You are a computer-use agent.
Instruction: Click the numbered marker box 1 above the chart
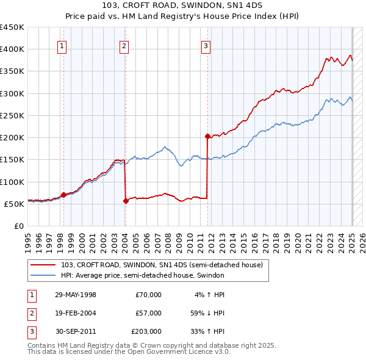[x=63, y=45]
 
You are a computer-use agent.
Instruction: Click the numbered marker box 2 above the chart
[x=124, y=45]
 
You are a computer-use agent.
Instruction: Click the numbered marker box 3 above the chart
[x=206, y=45]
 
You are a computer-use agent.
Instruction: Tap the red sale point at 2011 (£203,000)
[x=208, y=136]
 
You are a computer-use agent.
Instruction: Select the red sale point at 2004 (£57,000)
[x=126, y=200]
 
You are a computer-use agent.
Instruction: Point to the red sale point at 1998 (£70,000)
[x=63, y=195]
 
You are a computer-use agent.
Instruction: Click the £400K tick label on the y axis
[x=12, y=49]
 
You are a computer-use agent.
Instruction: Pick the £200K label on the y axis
[x=12, y=138]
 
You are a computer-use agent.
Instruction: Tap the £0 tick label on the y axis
[x=18, y=226]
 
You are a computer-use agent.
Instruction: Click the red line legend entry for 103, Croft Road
[x=162, y=265]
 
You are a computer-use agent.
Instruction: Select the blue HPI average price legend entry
[x=143, y=275]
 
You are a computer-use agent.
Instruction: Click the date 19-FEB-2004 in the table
[x=76, y=312]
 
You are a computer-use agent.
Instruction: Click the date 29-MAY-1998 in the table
[x=76, y=295]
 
